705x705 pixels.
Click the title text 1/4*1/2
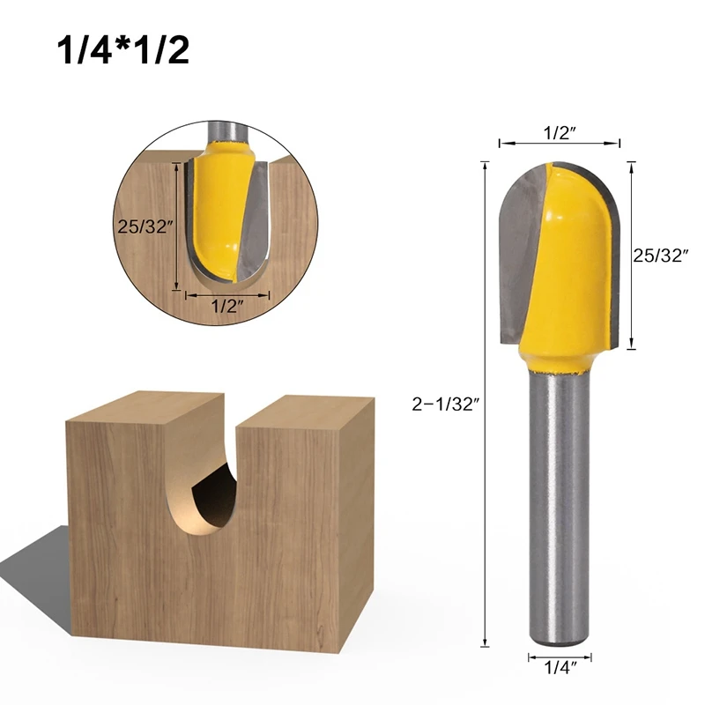point(123,50)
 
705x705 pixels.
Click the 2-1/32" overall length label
point(444,404)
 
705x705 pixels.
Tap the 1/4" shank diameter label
point(560,668)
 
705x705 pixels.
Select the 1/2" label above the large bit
point(560,133)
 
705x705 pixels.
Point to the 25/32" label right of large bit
point(661,256)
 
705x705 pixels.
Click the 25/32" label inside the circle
point(145,226)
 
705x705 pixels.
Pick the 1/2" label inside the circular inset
point(227,307)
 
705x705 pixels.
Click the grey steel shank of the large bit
point(560,509)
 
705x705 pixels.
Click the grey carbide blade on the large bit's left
point(522,252)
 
